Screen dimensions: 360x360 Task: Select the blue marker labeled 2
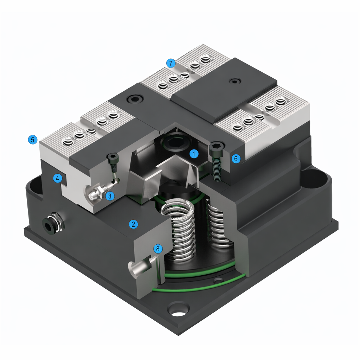tap(133, 224)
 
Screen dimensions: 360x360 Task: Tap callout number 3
tap(110, 195)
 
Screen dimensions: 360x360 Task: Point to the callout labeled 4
tap(58, 179)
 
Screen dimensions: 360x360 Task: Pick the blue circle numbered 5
tap(32, 140)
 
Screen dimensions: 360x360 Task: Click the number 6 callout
tap(236, 159)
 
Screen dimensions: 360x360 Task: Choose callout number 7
tap(171, 63)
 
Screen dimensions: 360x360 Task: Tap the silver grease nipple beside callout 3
tap(93, 193)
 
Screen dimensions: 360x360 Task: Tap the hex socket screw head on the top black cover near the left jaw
tap(135, 99)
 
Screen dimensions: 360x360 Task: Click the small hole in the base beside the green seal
tap(219, 281)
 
